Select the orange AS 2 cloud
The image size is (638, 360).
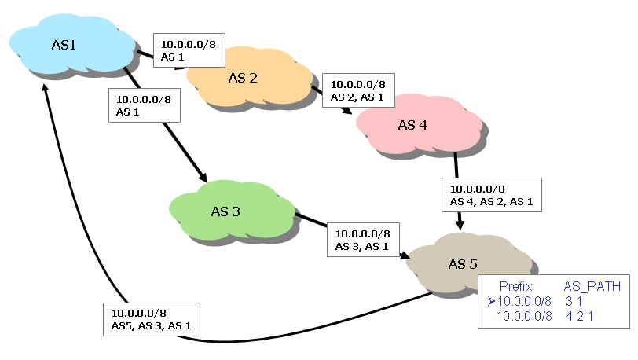pos(244,78)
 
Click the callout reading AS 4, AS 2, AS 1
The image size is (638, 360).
pos(491,195)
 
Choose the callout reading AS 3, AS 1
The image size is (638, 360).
pos(362,240)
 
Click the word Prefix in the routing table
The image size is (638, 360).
pos(515,287)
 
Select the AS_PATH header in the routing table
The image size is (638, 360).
pos(592,287)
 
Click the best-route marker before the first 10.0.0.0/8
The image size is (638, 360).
pos(491,301)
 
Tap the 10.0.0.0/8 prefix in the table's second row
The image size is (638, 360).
pos(526,315)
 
